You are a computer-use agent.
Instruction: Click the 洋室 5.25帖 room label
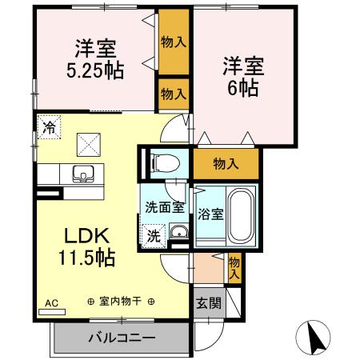coord(94,58)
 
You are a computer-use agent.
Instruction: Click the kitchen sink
coord(83,174)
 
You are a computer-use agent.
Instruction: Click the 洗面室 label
coord(164,207)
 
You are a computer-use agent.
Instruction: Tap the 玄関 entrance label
coord(207,302)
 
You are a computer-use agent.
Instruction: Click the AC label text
coord(51,304)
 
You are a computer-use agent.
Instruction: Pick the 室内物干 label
coord(121,302)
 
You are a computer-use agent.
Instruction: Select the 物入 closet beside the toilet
coord(226,164)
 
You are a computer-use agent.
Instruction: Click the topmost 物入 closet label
coord(173,42)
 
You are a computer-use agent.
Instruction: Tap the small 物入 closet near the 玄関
coord(234,266)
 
